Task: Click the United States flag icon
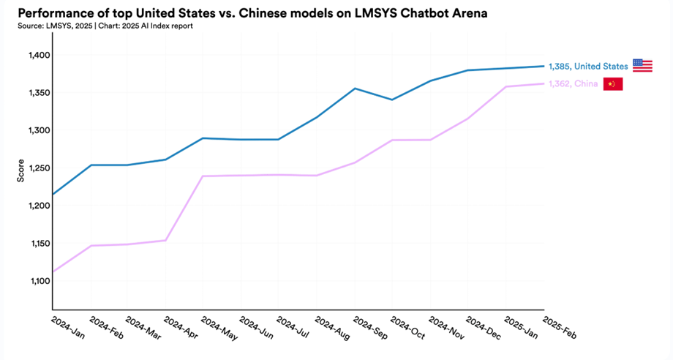point(642,66)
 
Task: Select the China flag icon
point(612,84)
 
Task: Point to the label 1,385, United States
point(588,67)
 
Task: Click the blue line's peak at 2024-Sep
point(355,89)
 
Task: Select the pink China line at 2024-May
point(203,176)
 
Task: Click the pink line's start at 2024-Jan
point(53,272)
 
